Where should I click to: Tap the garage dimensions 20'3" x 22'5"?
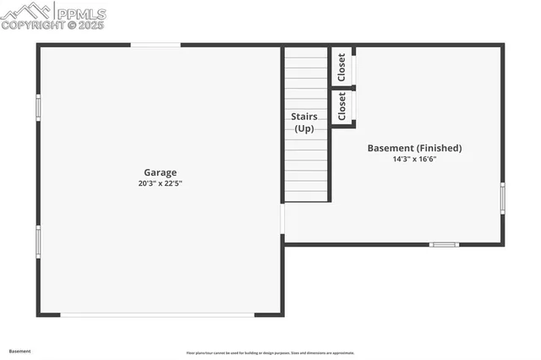tap(161, 183)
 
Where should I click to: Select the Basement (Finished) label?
tap(414, 148)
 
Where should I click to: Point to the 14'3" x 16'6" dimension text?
tap(414, 159)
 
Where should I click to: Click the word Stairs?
tap(304, 116)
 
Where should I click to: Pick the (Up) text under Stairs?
tap(304, 128)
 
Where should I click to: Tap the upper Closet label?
tap(342, 67)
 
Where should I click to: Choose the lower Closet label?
tap(342, 106)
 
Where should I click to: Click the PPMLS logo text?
tap(81, 14)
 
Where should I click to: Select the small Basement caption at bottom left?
tap(19, 351)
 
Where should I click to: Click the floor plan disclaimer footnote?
tap(270, 353)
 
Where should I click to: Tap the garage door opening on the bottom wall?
tap(157, 315)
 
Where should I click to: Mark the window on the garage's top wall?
tap(155, 45)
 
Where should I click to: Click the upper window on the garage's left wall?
tap(38, 107)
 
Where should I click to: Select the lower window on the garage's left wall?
tap(38, 241)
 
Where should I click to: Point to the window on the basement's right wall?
tap(502, 197)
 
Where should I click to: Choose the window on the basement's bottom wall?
tap(444, 244)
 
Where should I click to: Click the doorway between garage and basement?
tap(282, 219)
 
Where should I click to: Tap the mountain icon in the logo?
tap(28, 11)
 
